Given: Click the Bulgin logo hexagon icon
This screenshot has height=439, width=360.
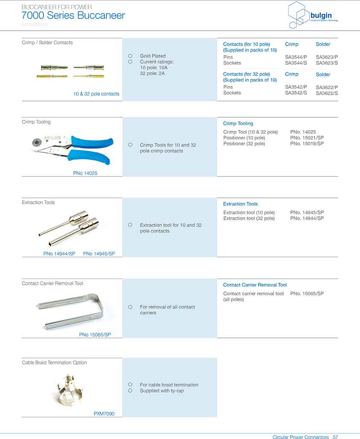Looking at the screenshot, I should [299, 15].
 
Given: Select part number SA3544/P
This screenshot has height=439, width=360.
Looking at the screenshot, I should [296, 57].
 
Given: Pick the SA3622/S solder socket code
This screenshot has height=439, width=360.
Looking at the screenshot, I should [327, 93].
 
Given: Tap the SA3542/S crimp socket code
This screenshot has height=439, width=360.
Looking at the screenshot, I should [296, 93].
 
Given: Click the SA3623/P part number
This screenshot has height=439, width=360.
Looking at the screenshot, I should [327, 57].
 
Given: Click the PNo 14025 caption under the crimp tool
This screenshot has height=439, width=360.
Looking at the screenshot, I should [85, 173].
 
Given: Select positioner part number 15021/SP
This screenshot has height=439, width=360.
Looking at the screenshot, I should [307, 138].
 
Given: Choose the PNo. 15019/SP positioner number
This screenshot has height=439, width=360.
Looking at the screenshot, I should [307, 144].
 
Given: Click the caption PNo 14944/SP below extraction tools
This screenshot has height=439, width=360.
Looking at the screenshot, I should [59, 254].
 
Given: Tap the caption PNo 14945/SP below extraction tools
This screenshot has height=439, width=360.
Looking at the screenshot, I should [99, 254].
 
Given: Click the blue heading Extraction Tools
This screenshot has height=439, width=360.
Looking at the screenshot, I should [240, 204].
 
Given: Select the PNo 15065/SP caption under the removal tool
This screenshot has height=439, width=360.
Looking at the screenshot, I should [95, 335].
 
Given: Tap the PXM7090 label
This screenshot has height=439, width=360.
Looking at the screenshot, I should [104, 414].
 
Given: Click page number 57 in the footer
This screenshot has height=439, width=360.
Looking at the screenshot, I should [335, 437].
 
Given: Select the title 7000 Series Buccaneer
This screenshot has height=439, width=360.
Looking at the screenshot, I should [73, 16].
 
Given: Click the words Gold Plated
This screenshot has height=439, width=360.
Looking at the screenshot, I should [153, 56].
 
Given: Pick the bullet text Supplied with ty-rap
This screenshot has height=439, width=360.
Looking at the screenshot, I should [162, 391].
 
